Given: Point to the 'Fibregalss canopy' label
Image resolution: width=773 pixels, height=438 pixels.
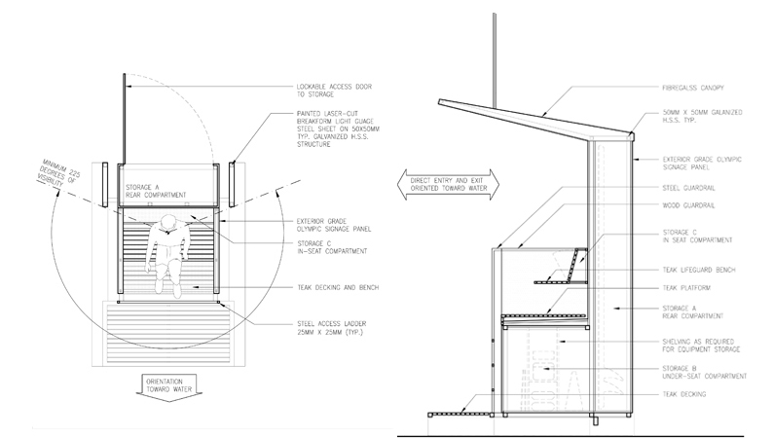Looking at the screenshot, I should [x=690, y=88].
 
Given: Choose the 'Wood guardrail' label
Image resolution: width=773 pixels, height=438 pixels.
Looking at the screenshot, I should [x=681, y=206].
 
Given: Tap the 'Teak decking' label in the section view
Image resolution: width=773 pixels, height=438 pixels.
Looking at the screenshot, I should [x=681, y=394].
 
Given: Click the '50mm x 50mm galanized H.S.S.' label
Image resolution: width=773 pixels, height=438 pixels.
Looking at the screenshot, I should [x=701, y=122].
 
